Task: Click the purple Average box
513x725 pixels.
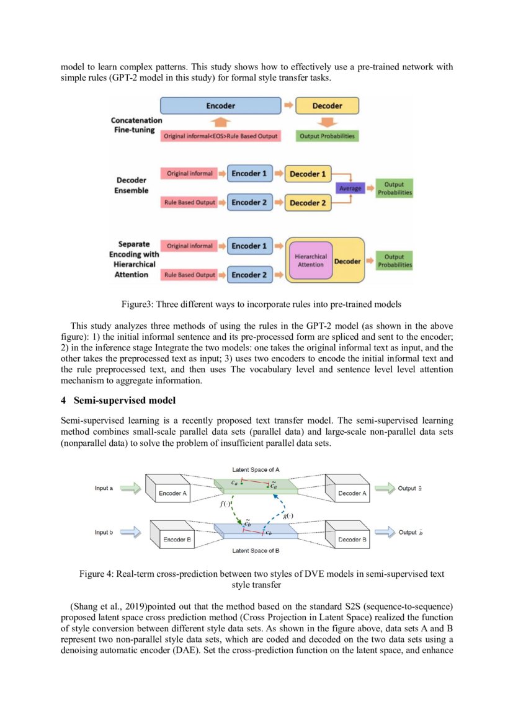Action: tap(350, 189)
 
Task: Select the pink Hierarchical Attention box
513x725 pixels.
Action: tap(311, 260)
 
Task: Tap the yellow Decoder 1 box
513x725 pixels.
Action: tap(307, 174)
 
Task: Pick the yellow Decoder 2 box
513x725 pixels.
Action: tap(307, 203)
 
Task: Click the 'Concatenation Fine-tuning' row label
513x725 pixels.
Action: tap(136, 125)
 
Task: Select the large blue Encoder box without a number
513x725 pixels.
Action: tap(220, 106)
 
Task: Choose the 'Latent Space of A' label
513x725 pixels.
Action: tap(256, 469)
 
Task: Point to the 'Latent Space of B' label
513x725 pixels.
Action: tap(256, 551)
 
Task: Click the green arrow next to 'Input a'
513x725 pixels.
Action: tap(131, 489)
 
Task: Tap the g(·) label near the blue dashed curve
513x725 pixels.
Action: tap(288, 516)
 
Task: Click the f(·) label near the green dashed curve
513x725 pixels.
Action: tap(225, 504)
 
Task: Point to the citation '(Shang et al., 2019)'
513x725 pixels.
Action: tap(109, 605)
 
